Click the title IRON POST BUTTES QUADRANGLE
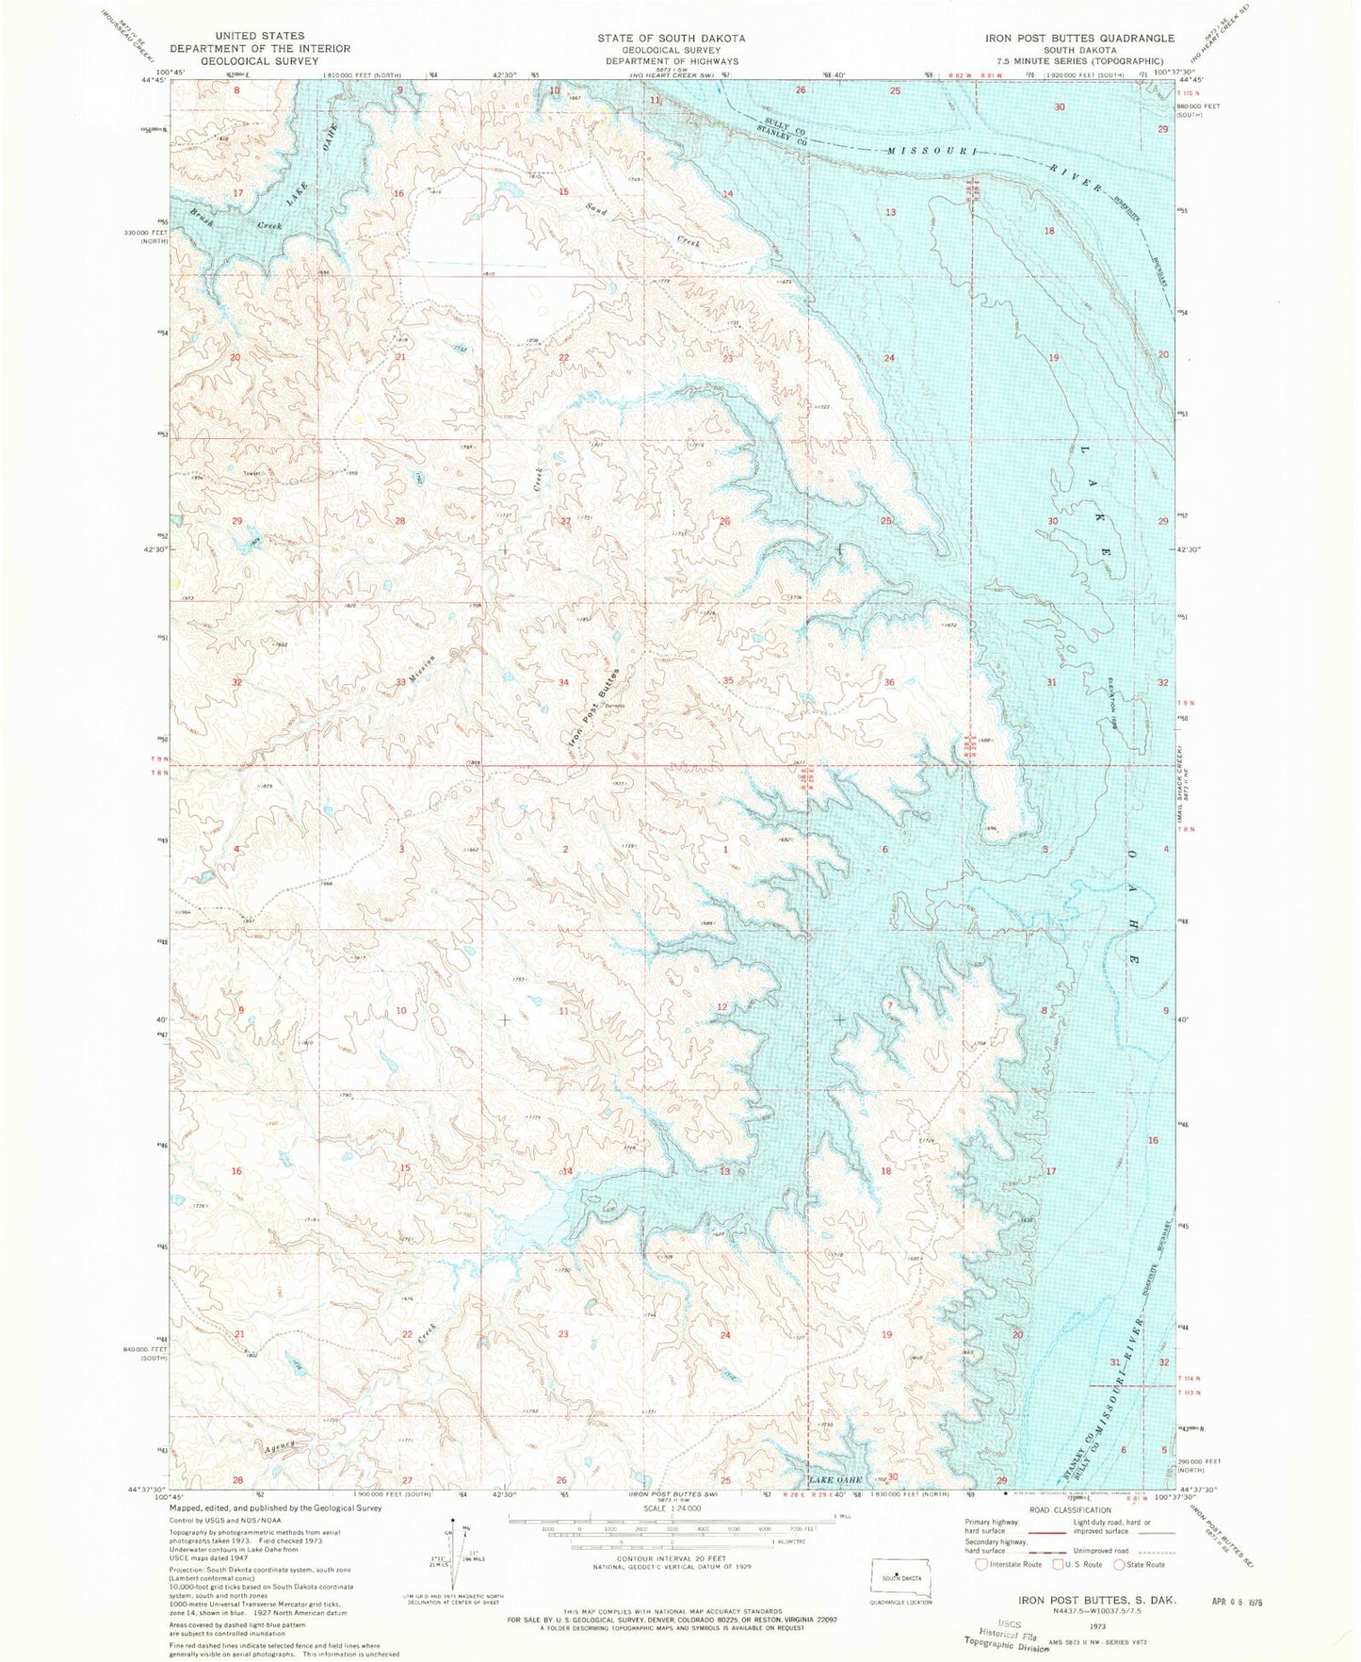point(1079,38)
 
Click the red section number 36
point(889,682)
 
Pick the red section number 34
point(563,682)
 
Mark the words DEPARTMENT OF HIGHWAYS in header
point(671,61)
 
